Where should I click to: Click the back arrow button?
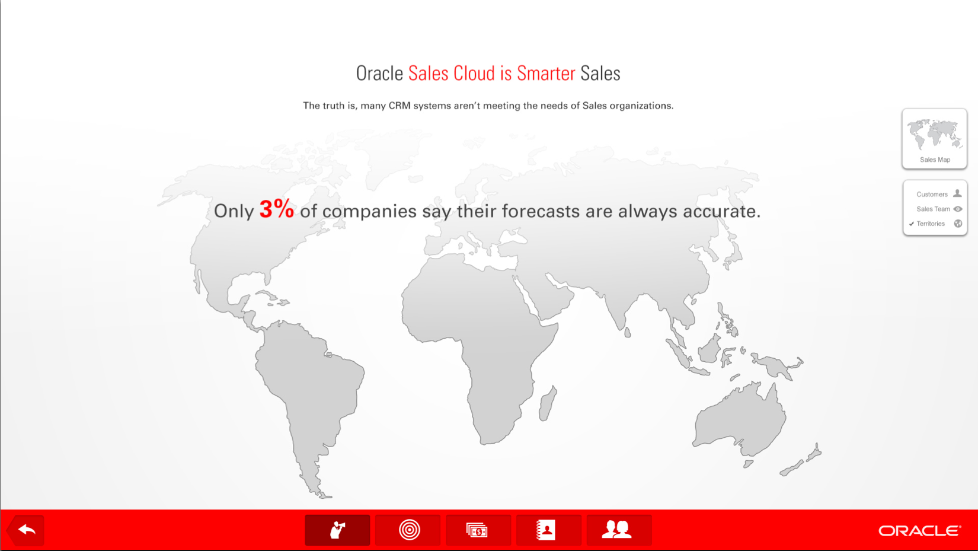coord(26,530)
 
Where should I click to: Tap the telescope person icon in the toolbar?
coord(337,530)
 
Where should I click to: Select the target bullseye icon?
coord(409,530)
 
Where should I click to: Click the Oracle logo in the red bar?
coord(920,531)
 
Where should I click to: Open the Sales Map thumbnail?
coord(934,139)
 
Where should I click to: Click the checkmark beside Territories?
coord(912,224)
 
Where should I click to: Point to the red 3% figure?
coord(277,209)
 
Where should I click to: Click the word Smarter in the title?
coord(546,73)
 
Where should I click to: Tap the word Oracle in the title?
coord(379,73)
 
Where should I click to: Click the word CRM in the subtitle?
coord(399,106)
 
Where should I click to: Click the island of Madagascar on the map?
coord(548,403)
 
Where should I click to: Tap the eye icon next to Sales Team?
coord(958,209)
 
